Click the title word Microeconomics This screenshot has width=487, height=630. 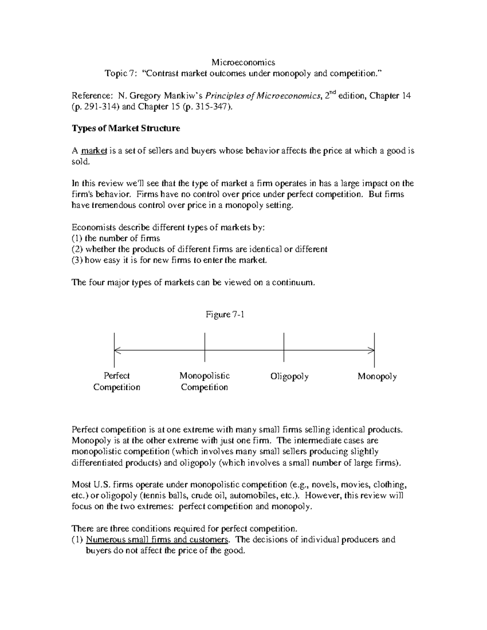coord(243,62)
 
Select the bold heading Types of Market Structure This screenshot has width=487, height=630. coord(126,129)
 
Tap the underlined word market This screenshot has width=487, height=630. coord(94,151)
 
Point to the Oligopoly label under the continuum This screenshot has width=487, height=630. coord(289,376)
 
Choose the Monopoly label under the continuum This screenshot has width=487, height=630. coord(377,376)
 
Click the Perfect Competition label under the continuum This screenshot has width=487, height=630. coord(116,381)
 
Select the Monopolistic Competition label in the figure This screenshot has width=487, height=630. coord(205,381)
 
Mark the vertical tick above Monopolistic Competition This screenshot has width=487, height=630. coord(205,347)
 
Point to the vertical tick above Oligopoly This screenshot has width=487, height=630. coord(284,347)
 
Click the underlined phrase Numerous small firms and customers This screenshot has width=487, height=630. coord(157,540)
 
